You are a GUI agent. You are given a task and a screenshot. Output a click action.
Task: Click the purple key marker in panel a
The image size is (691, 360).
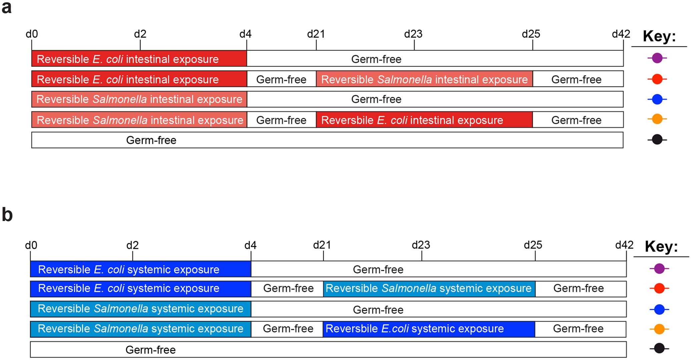(x=657, y=58)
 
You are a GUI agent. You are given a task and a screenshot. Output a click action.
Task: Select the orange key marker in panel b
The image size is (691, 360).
(x=659, y=329)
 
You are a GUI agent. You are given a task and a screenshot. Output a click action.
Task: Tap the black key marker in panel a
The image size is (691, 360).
(x=657, y=139)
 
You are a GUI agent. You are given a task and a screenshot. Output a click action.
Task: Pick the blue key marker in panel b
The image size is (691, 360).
(x=659, y=309)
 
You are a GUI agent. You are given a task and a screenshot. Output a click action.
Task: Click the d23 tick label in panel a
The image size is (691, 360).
(x=413, y=34)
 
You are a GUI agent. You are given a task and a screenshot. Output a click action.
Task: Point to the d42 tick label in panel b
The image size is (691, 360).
(x=624, y=245)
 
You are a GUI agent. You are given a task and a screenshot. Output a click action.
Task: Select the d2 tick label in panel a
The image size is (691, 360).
(x=140, y=34)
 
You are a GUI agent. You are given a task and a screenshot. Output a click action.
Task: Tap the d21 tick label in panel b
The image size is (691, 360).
(x=322, y=245)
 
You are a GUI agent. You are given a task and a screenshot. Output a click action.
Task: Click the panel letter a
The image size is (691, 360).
(x=6, y=7)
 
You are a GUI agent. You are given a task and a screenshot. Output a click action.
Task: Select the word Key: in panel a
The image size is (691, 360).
(x=659, y=36)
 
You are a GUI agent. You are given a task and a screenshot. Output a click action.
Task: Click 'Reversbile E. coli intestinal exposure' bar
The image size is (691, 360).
(x=424, y=120)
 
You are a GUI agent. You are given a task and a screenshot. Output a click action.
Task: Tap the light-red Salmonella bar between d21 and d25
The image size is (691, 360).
(x=424, y=79)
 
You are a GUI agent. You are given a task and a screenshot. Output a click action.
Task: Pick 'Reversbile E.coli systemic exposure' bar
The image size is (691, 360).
(x=429, y=329)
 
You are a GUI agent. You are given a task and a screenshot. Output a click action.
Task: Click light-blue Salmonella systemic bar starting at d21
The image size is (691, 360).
(x=429, y=288)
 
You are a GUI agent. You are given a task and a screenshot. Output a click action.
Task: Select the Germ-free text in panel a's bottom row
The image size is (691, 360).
(x=151, y=140)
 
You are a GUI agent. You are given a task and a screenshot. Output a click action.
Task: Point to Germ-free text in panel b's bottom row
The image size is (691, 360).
(x=150, y=350)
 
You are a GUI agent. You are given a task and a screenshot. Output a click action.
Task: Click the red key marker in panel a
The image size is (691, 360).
(x=657, y=79)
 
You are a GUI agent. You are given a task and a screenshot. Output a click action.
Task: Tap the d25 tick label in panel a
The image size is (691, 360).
(x=531, y=34)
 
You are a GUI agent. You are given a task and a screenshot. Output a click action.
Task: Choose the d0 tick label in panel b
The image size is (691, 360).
(x=31, y=245)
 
